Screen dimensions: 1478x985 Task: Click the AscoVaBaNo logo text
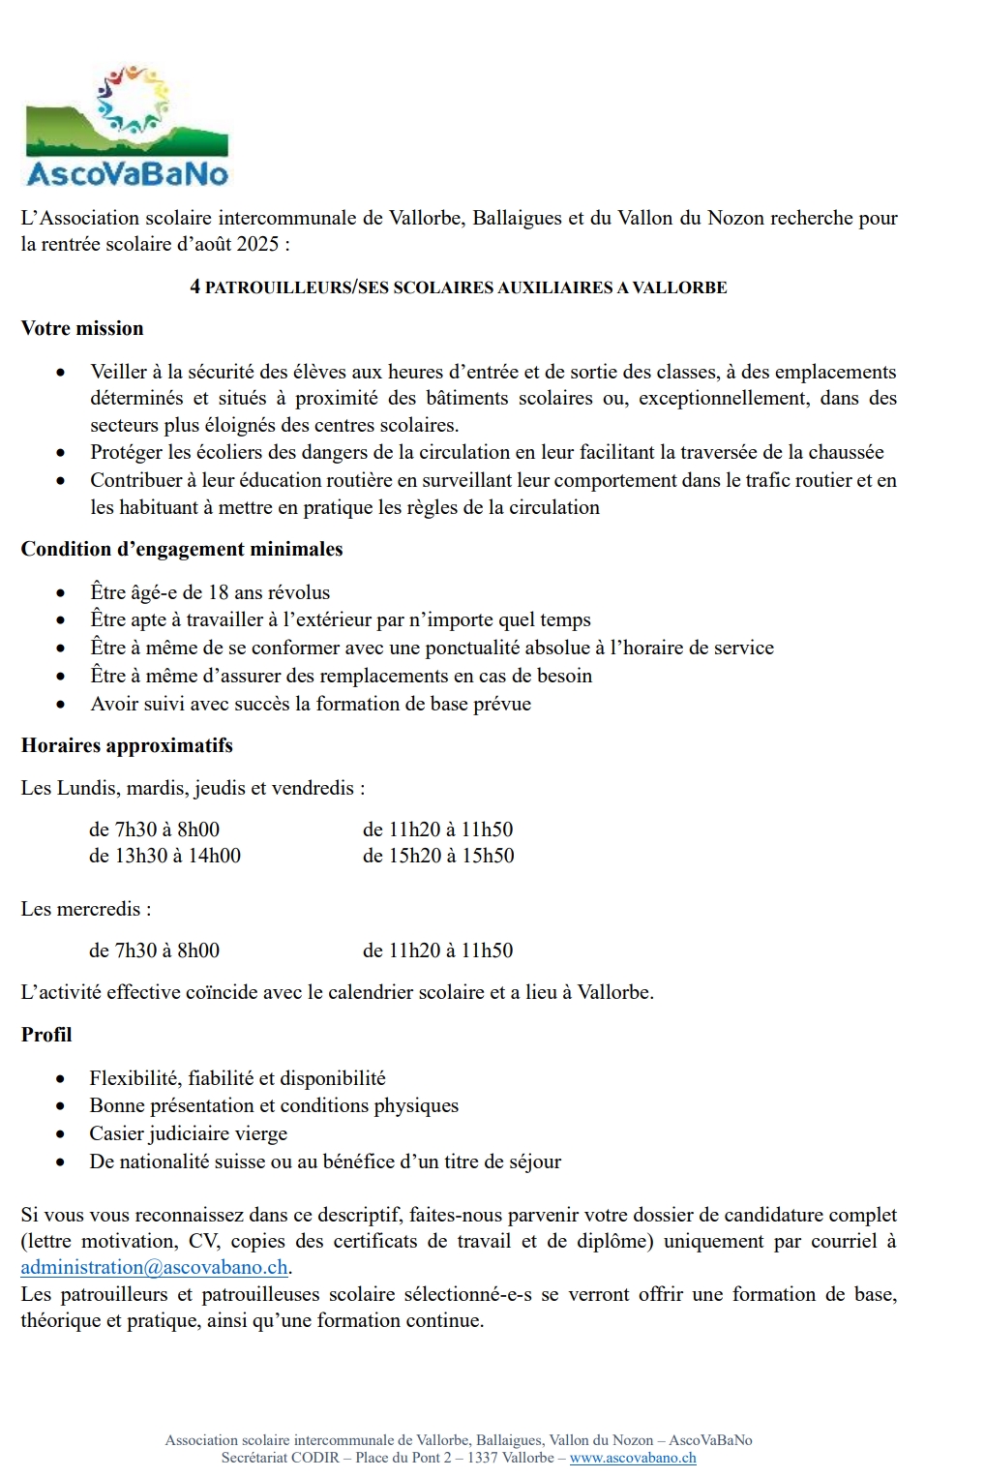point(127,174)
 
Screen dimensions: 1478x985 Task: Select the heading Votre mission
point(82,328)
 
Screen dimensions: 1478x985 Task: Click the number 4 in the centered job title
point(195,287)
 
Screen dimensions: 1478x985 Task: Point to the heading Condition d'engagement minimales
point(182,549)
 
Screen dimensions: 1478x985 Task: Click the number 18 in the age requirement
point(219,592)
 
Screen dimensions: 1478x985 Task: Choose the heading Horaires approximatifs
point(127,745)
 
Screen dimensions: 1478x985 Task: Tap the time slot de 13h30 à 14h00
point(164,856)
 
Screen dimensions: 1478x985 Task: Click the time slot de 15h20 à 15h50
point(438,856)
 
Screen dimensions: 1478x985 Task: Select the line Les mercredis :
point(86,909)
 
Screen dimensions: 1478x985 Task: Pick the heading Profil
point(46,1035)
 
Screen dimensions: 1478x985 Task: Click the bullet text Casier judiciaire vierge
point(189,1133)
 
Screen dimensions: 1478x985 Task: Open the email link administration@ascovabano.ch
point(155,1267)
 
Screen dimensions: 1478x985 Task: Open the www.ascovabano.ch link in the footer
point(633,1458)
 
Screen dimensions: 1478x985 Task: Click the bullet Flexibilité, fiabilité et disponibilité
point(238,1078)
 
